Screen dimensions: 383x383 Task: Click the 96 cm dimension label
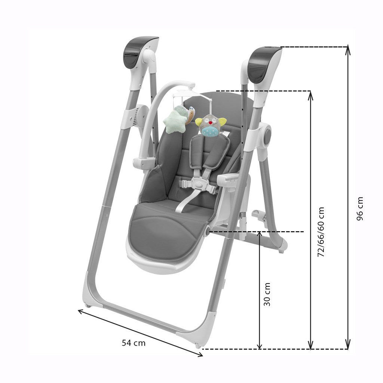[360, 208]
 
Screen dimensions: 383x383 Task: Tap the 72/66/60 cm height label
[321, 232]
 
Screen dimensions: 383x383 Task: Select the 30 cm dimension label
[267, 294]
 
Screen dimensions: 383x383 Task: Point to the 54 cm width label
[134, 343]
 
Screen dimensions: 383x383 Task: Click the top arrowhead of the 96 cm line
[348, 49]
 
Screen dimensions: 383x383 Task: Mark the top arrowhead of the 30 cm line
[260, 234]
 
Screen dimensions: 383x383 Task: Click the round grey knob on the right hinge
[267, 136]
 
